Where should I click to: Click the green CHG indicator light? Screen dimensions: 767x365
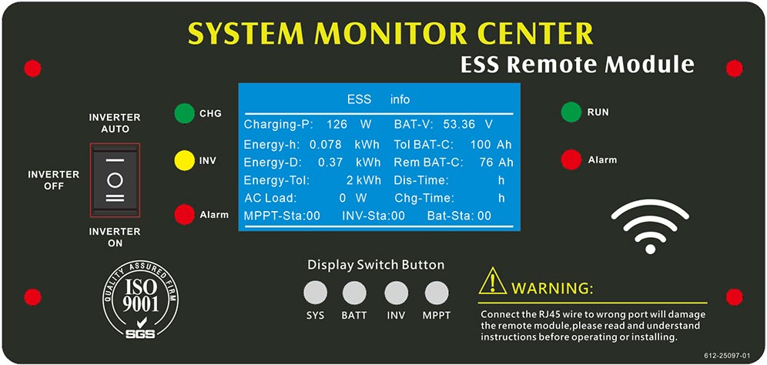click(x=184, y=113)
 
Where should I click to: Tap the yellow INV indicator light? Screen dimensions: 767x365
click(x=184, y=160)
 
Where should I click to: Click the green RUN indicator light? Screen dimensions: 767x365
click(x=571, y=112)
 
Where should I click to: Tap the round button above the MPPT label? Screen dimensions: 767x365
click(x=437, y=293)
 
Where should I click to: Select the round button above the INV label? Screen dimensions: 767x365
click(x=397, y=293)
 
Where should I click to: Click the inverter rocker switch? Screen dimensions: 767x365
click(x=115, y=179)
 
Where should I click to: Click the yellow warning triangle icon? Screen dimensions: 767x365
click(x=493, y=281)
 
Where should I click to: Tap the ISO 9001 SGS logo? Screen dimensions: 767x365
click(x=140, y=299)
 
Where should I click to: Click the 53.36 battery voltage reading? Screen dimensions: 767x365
click(x=459, y=124)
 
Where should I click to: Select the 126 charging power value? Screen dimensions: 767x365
click(x=337, y=124)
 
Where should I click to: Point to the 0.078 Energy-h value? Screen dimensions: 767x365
click(x=326, y=144)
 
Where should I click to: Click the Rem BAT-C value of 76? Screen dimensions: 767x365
click(x=486, y=162)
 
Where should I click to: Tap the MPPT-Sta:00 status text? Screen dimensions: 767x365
click(x=283, y=216)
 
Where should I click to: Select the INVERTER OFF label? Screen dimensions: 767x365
click(x=53, y=180)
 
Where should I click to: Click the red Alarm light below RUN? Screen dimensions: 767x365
click(x=571, y=159)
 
